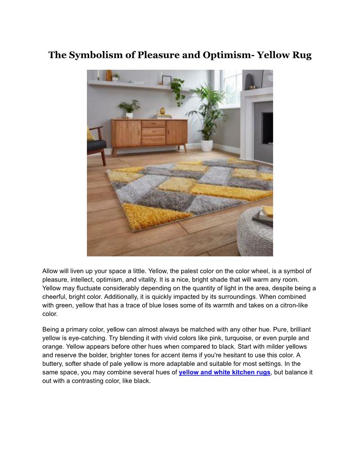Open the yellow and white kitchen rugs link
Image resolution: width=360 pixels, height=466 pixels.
[x=224, y=372]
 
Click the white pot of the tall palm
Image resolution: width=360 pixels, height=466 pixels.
[x=206, y=145]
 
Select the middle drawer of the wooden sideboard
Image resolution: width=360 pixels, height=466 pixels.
[x=153, y=131]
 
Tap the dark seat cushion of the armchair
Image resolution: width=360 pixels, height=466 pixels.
[x=96, y=145]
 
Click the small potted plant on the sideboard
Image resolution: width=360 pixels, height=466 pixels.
[x=129, y=109]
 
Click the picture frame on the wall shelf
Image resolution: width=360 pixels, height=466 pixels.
[x=166, y=80]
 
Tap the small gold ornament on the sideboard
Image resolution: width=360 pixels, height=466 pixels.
[x=162, y=111]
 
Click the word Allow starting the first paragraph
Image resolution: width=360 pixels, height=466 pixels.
[x=51, y=271]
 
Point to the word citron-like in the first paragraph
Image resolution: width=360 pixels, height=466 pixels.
[x=297, y=306]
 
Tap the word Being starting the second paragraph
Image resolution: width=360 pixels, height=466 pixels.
[x=52, y=330]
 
